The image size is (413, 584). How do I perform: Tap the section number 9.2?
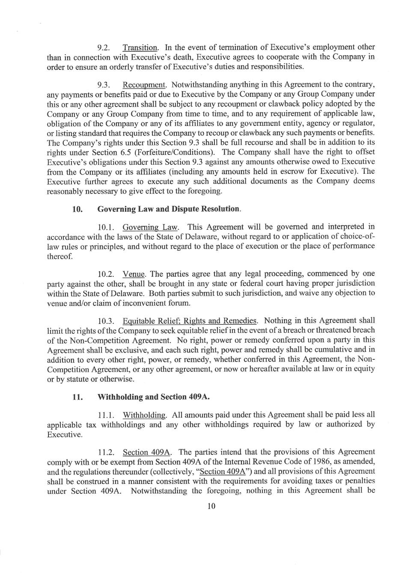click(x=104, y=47)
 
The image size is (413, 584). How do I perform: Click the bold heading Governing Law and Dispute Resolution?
click(x=169, y=209)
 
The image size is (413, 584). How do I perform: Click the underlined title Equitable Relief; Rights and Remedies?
click(x=190, y=321)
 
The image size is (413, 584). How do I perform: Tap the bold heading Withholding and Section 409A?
click(x=153, y=397)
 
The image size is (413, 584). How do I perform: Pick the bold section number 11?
click(x=77, y=397)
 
